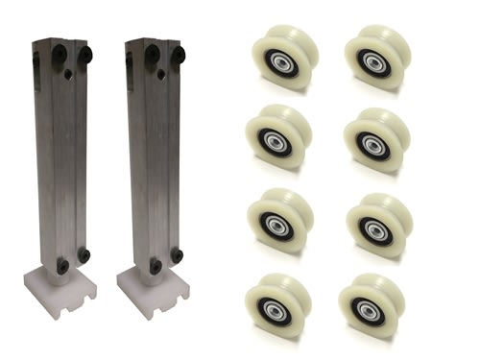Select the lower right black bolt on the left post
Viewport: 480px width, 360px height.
point(84,255)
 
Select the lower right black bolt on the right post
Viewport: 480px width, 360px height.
point(179,255)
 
